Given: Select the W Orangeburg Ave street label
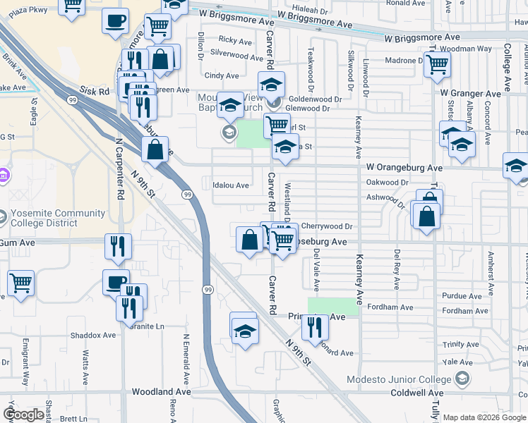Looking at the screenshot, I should pos(404,168).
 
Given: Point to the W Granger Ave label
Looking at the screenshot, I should pos(470,93).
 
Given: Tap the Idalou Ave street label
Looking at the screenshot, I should pos(231,185).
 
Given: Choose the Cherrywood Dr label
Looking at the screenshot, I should pos(326,226).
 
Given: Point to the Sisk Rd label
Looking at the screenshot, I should pos(95,91).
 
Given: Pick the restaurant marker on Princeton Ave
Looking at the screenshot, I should pos(314,326).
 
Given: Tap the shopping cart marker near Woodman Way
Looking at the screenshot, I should pos(438,64).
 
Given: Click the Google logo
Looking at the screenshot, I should pos(23,415).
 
